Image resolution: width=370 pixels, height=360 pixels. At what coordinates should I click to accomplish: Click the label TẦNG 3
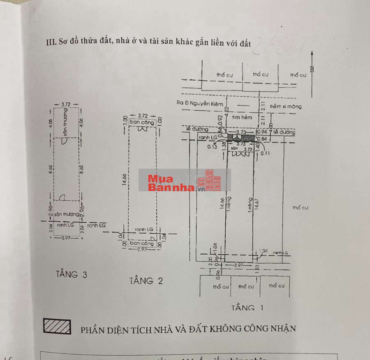[x=72, y=274]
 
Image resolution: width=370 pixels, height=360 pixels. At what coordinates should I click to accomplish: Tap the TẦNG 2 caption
[x=146, y=281]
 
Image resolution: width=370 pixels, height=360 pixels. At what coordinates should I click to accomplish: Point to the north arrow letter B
[x=312, y=69]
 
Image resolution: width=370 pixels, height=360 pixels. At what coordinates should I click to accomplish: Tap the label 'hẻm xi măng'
[x=286, y=107]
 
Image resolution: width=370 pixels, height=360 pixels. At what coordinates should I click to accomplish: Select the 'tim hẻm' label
[x=241, y=117]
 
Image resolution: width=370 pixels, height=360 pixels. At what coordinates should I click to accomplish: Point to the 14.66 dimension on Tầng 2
[x=125, y=179]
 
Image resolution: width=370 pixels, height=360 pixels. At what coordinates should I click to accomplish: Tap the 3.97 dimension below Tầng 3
[x=66, y=238]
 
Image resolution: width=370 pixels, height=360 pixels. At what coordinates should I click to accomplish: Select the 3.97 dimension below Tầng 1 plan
[x=238, y=265]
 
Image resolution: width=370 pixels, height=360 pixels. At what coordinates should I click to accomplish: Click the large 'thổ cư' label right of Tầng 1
[x=300, y=208]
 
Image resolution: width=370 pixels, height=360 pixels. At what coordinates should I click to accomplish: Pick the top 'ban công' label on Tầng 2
[x=142, y=122]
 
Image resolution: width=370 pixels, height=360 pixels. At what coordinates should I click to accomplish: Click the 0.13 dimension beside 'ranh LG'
[x=213, y=146]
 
